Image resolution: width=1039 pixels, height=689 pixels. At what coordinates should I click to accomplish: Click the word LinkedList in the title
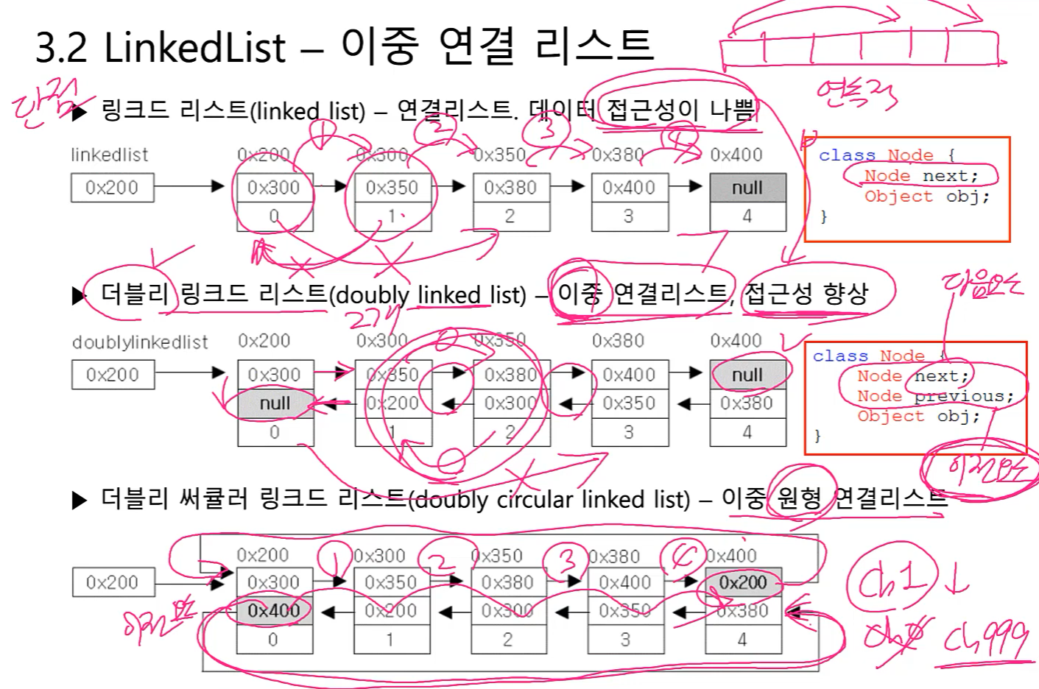coord(194,48)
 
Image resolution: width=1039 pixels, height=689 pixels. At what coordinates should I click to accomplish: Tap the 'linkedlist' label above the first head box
coord(110,155)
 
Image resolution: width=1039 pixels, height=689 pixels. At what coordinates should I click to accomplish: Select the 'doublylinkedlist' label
coord(140,342)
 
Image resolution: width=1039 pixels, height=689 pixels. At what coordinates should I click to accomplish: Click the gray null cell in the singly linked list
coord(747,188)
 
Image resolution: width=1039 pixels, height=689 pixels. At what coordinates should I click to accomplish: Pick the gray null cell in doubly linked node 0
coord(275,403)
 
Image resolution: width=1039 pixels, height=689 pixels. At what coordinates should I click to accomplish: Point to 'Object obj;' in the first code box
coord(926,197)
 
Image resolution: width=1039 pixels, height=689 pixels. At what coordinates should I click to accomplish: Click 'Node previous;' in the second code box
coord(934,396)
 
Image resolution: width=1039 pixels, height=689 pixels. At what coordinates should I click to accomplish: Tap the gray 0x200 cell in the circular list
coord(743,582)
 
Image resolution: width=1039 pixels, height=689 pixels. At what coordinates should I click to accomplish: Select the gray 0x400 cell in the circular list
coord(274,610)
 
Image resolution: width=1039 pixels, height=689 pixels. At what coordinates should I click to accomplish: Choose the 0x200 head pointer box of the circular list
coord(113,582)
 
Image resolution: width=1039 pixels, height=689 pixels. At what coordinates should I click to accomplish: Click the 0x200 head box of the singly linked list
coord(112,188)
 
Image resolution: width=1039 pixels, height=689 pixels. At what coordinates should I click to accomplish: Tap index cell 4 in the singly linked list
coord(747,216)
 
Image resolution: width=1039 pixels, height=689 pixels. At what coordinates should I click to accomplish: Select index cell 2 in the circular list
coord(508,640)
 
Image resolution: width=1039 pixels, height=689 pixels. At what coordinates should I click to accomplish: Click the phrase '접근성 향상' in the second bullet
coord(807,294)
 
